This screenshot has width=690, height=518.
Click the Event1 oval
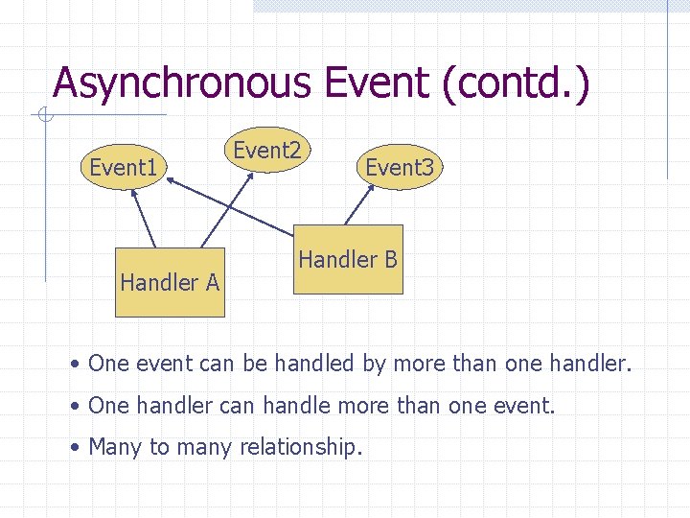123,169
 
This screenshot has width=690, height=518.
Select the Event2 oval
267,151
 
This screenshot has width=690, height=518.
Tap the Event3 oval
400,168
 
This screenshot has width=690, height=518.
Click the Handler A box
169,282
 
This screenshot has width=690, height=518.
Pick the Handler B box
348,259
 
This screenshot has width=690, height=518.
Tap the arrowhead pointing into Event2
252,177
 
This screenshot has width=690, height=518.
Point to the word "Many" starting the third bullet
115,447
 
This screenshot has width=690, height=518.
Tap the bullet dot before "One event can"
76,365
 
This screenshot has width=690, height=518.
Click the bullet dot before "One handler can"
76,407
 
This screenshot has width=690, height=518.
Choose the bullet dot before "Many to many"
76,448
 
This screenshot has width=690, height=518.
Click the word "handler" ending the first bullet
592,364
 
